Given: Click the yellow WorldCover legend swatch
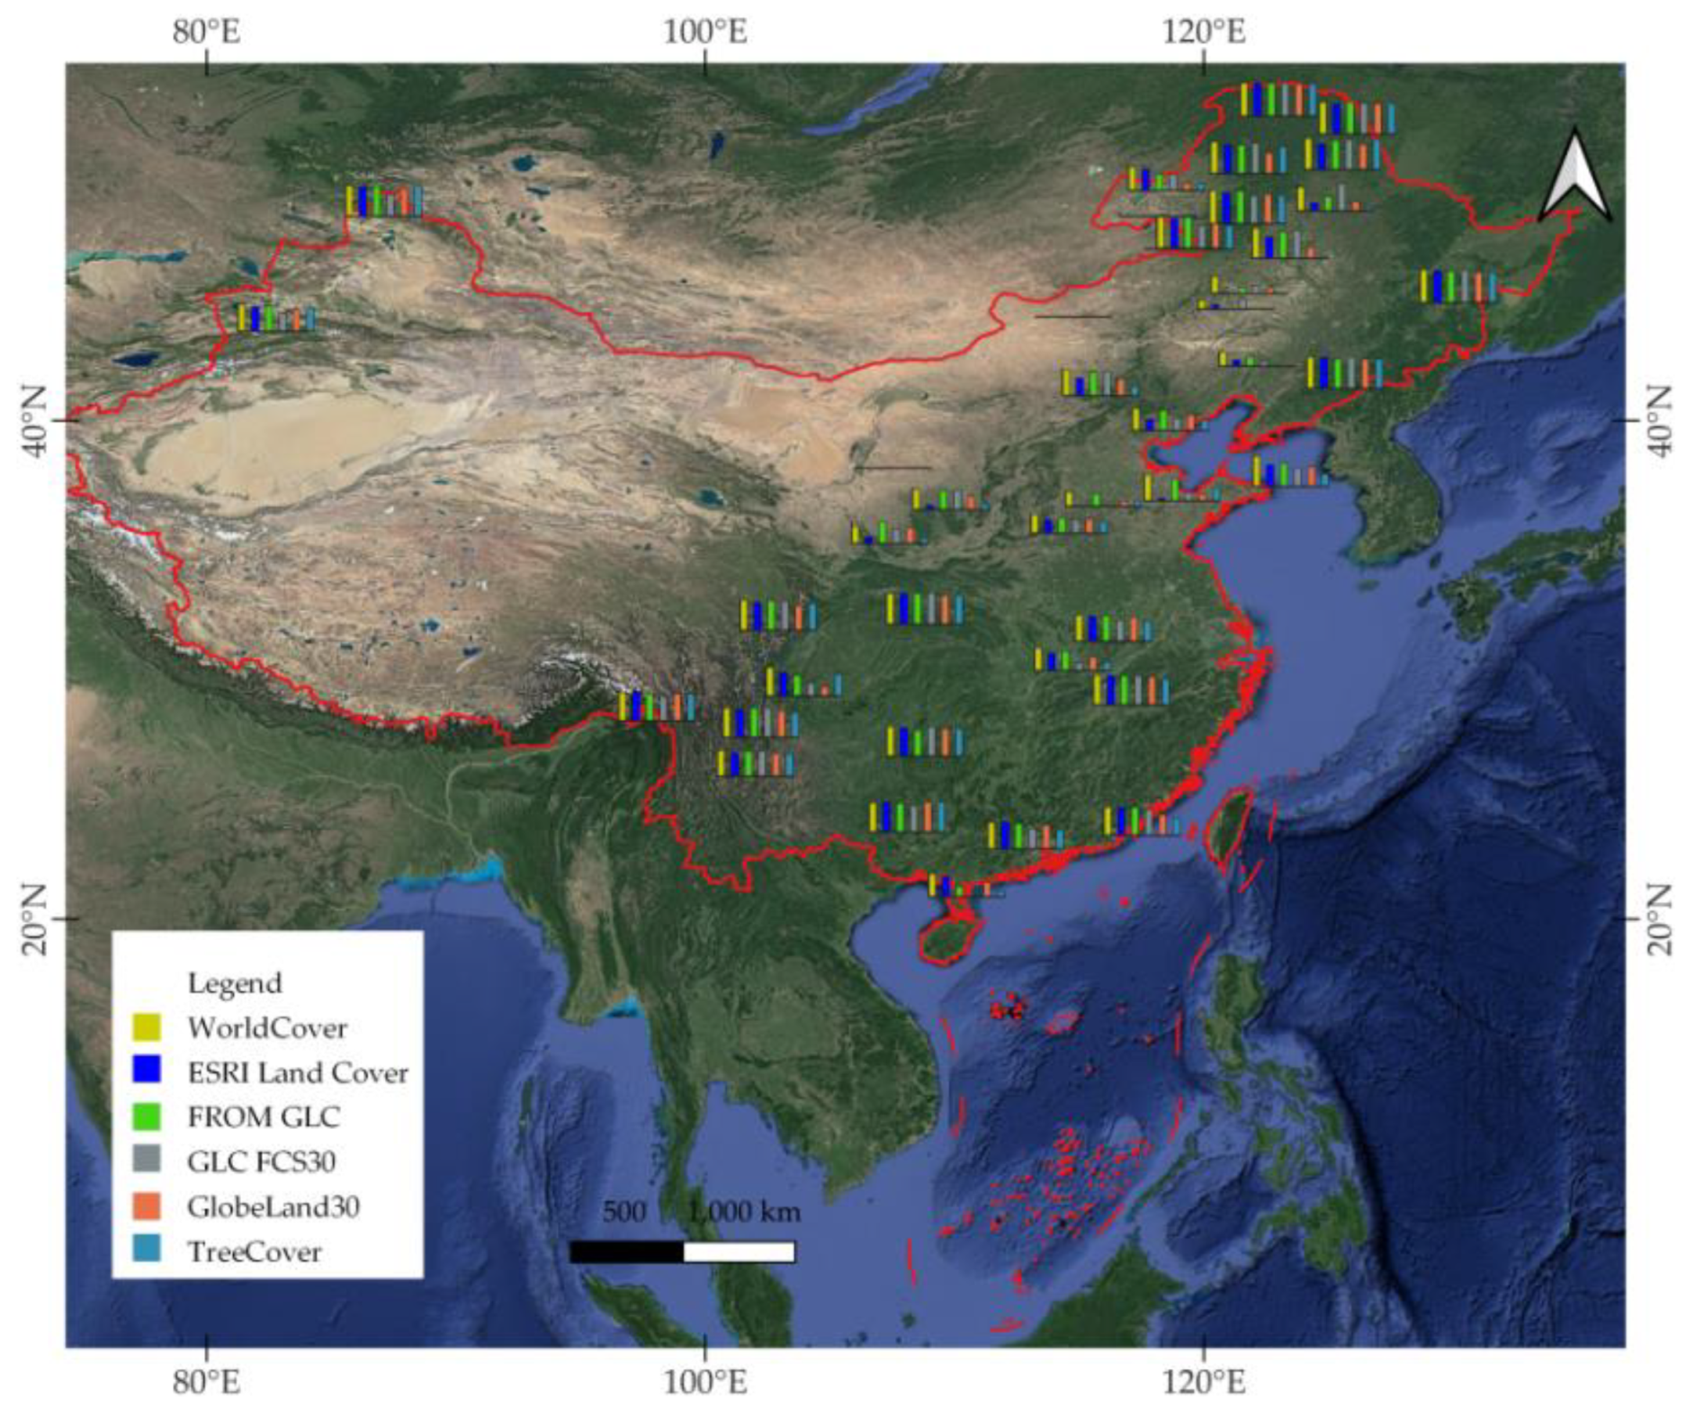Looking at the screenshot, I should pos(147,1026).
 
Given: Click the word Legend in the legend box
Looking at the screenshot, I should pos(234,982).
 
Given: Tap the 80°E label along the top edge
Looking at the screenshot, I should pos(207,32).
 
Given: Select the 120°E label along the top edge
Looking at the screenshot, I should pos(1204,32).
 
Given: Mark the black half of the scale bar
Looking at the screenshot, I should pos(626,1251).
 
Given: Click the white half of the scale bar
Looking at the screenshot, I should pos(739,1251).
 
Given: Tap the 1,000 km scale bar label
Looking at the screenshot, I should pos(745,1212).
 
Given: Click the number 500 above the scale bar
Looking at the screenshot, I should pos(623,1212).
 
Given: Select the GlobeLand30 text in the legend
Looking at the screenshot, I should pos(273,1205).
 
